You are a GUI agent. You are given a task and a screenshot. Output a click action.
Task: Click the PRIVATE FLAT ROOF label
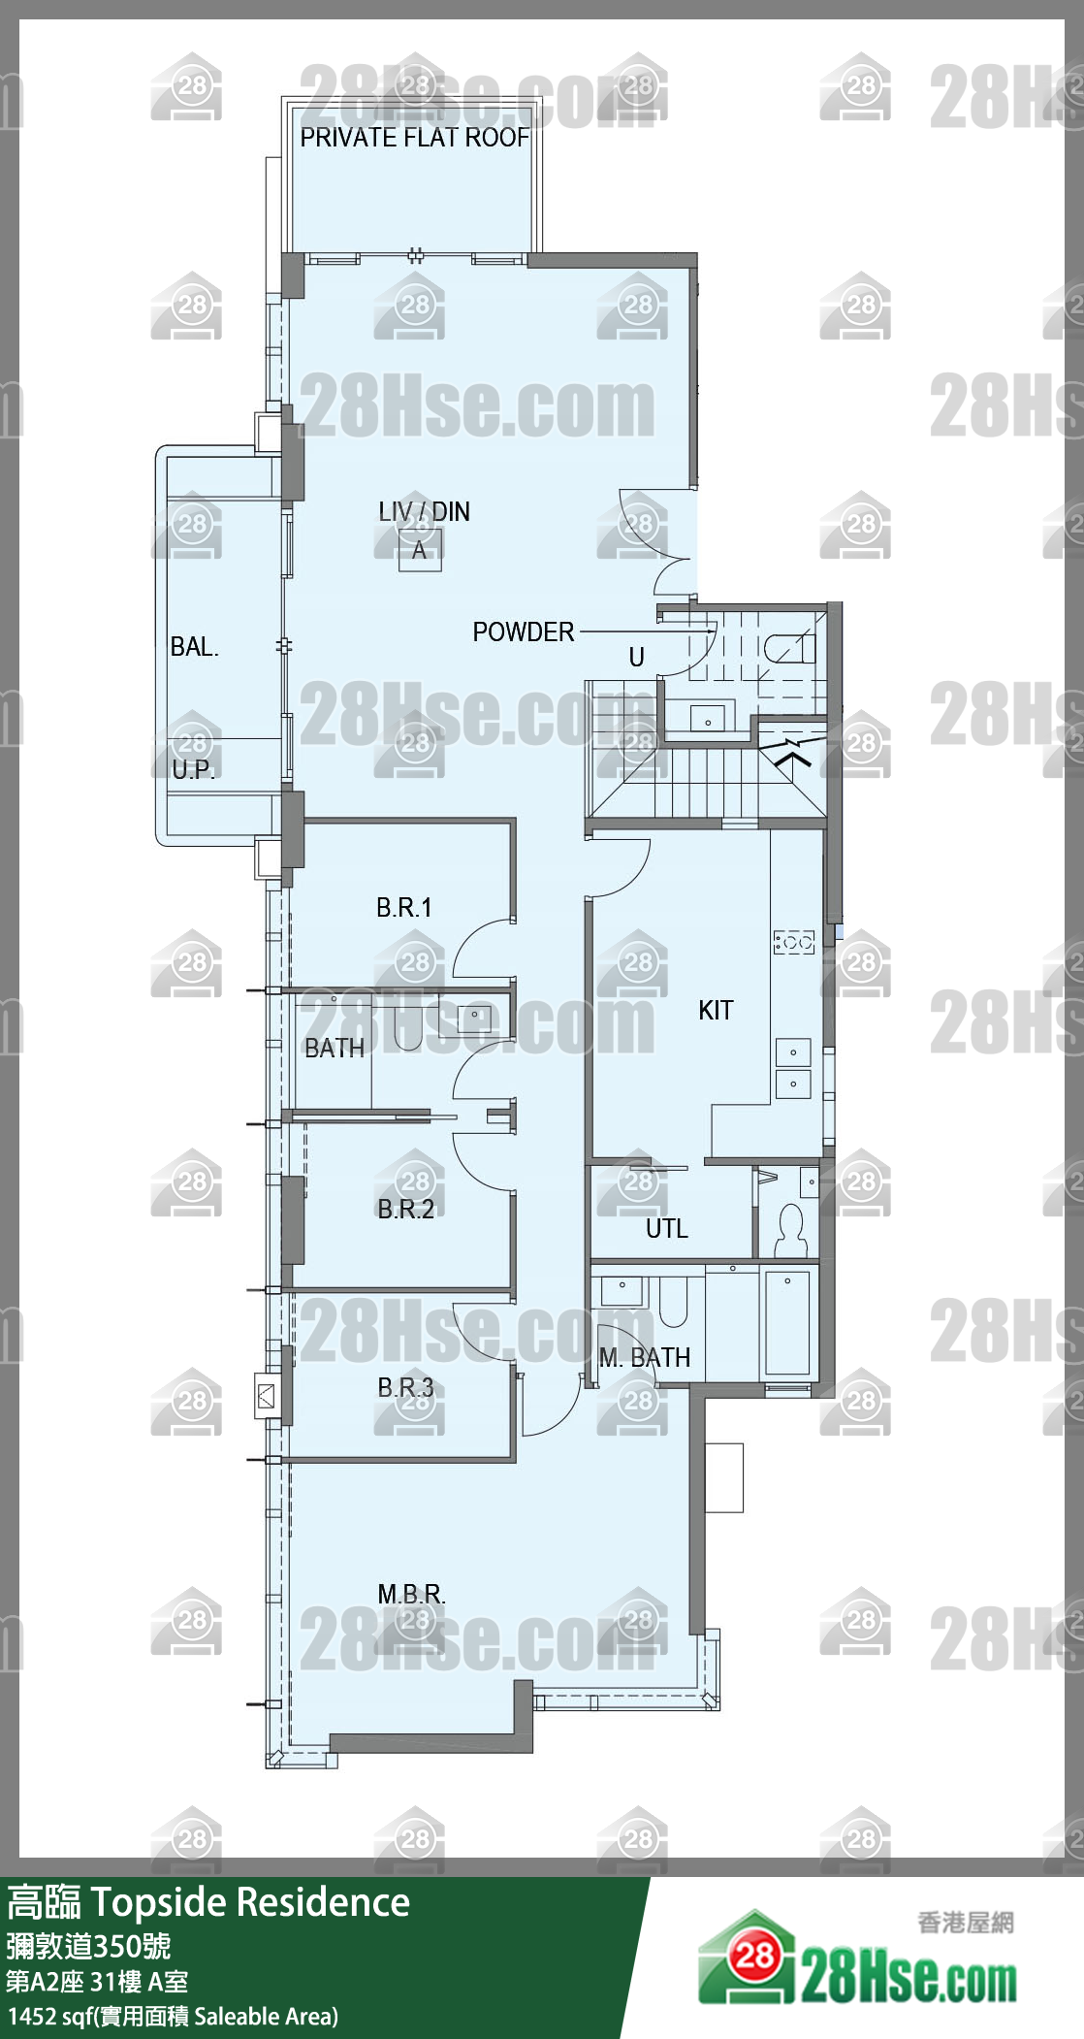tap(414, 138)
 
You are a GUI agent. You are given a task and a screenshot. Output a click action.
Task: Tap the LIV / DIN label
tap(424, 511)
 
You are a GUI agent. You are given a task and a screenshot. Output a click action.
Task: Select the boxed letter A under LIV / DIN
tap(419, 550)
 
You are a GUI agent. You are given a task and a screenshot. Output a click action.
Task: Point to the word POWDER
tap(523, 631)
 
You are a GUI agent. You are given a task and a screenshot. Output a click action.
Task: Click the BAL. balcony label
tap(194, 647)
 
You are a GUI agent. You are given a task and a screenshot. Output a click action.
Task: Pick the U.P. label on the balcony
tap(193, 769)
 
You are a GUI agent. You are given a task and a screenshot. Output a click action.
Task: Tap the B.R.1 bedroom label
tap(403, 907)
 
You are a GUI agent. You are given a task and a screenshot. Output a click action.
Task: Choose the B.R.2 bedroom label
tap(405, 1209)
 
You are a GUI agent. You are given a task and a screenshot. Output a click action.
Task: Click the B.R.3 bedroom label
tap(405, 1387)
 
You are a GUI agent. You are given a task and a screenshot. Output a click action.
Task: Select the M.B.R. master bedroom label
tap(411, 1594)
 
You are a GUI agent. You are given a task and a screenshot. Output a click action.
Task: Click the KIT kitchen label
tap(716, 1010)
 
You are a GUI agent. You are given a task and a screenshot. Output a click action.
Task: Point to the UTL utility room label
tap(666, 1228)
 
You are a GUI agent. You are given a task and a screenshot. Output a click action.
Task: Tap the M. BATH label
tap(645, 1357)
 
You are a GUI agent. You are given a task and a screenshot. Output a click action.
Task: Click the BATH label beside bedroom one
tap(335, 1048)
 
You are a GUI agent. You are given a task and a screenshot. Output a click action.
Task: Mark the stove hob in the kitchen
tap(793, 942)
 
